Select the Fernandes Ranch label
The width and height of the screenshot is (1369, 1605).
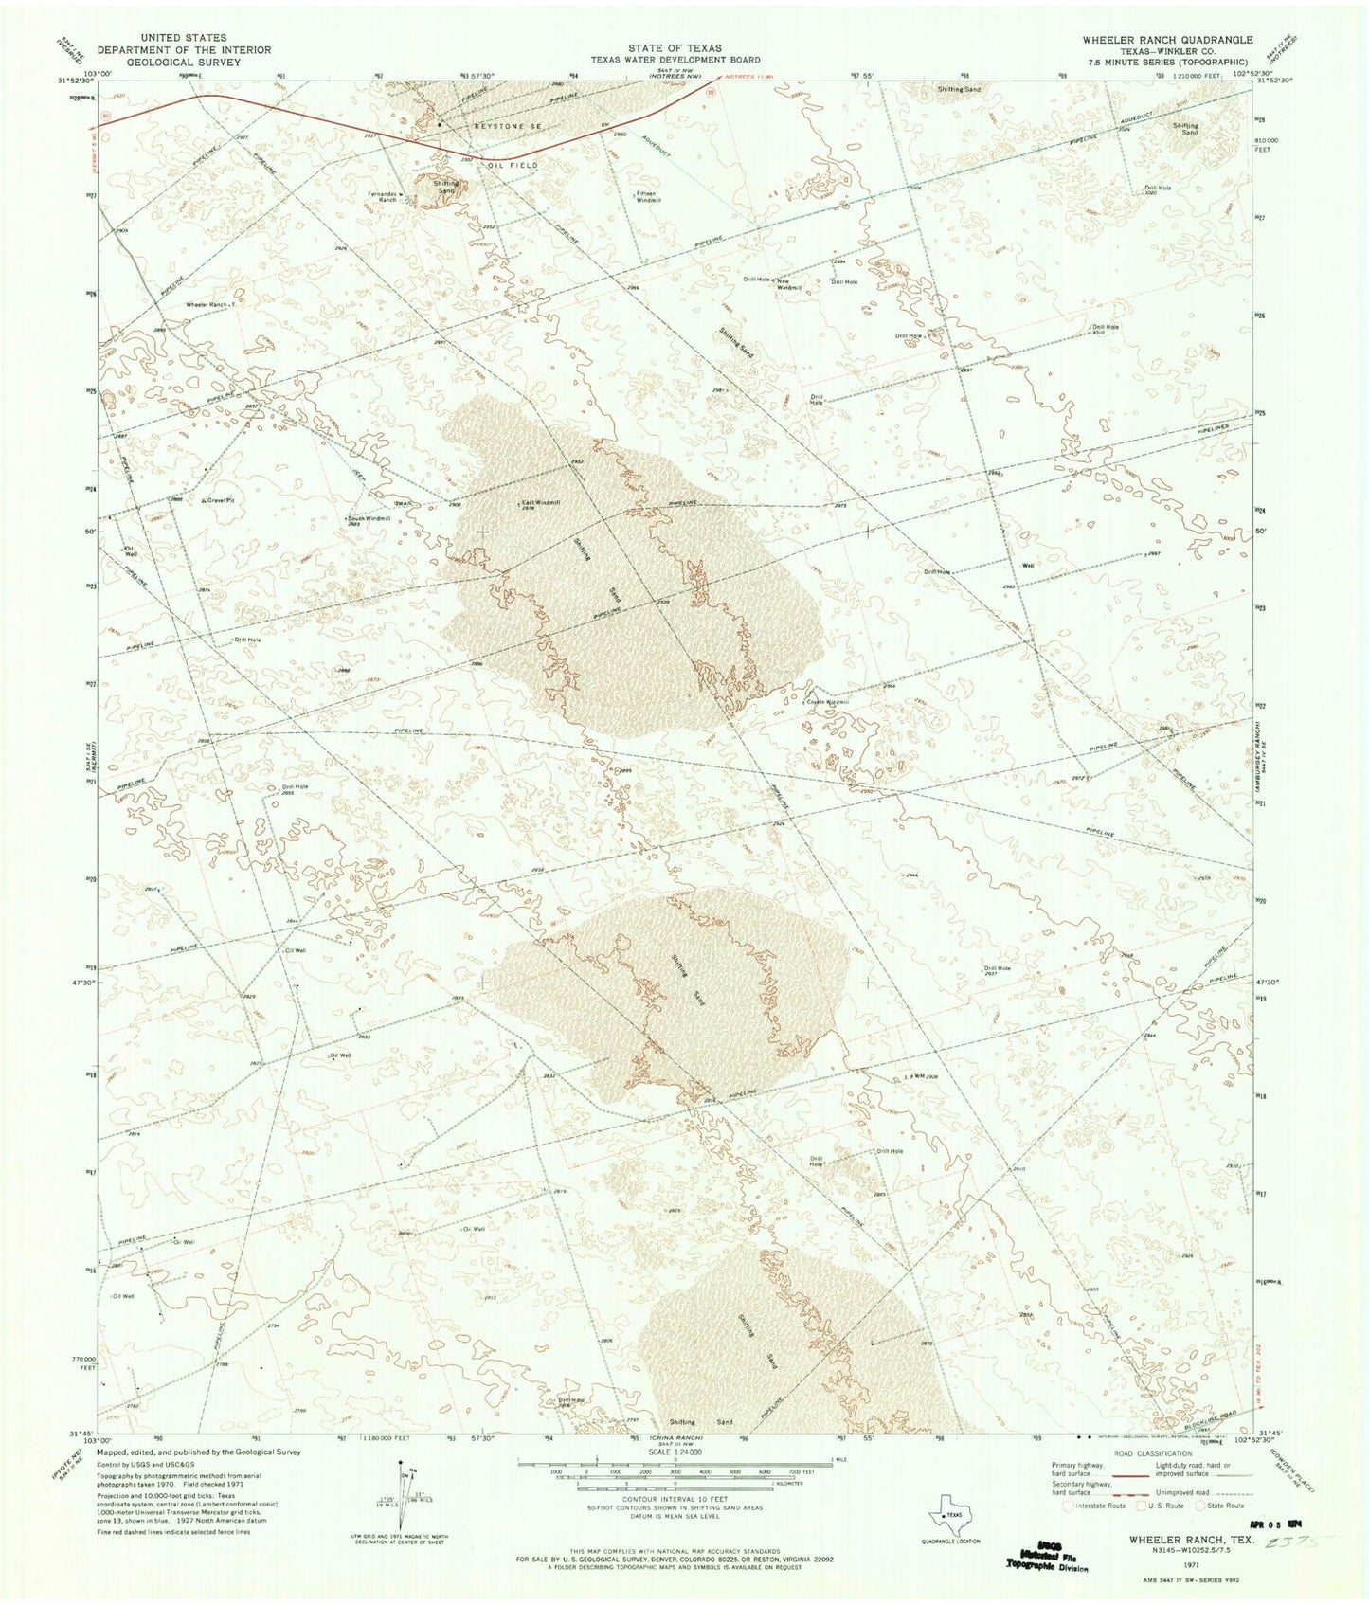click(382, 197)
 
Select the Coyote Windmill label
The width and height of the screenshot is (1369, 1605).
click(827, 702)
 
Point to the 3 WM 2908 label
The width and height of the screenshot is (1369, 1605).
click(923, 1077)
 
